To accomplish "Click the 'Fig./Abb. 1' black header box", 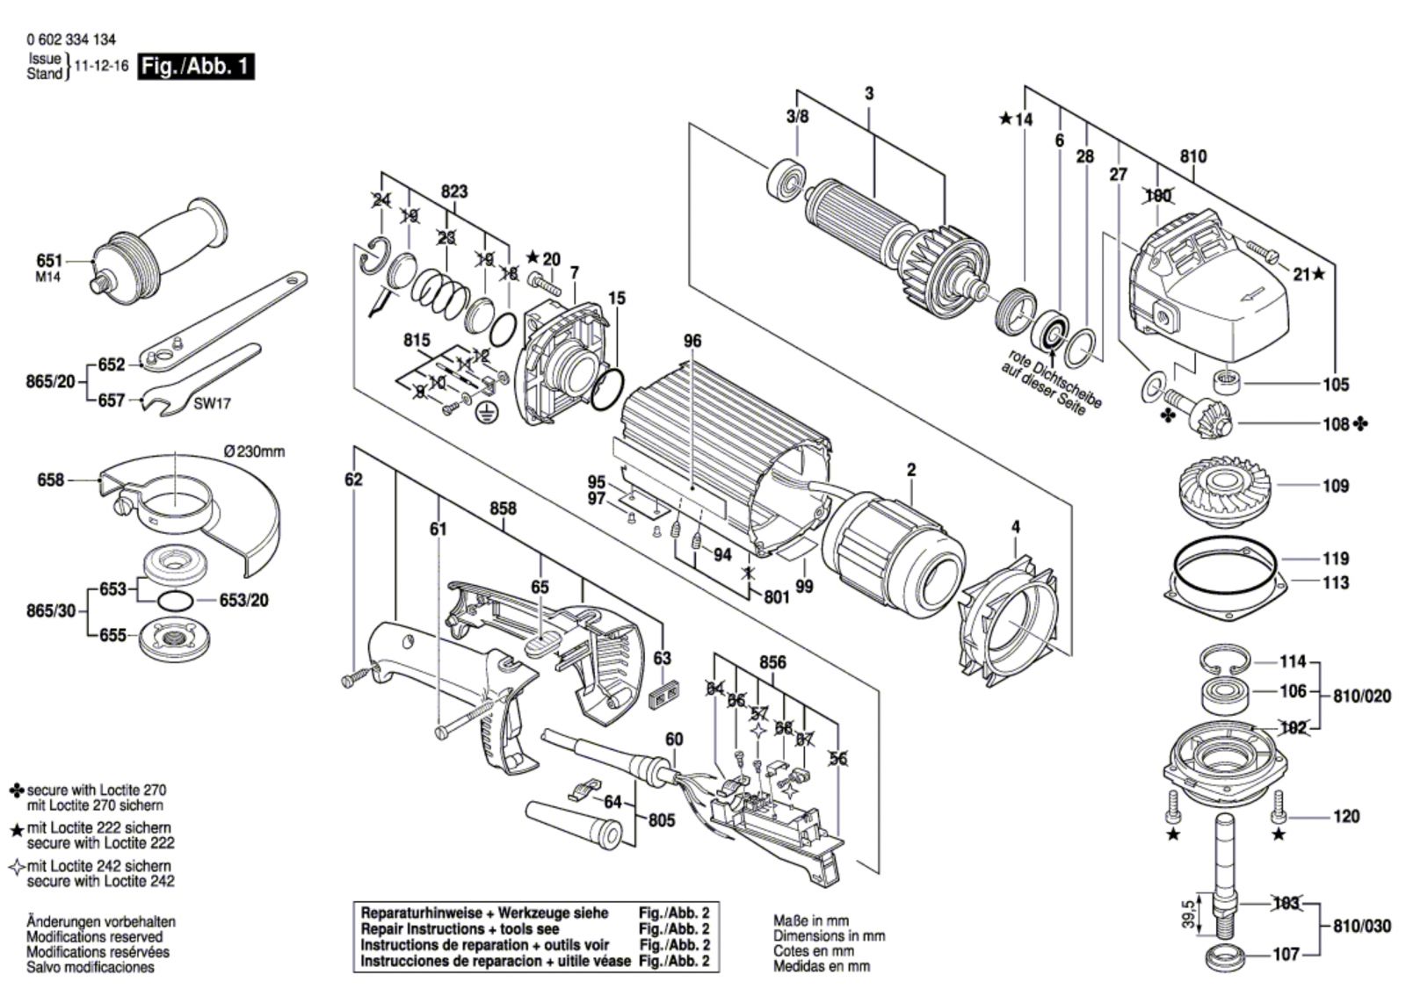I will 195,66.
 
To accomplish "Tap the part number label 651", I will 49,261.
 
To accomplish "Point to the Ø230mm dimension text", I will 254,451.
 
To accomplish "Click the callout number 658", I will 50,480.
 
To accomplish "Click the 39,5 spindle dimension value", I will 1188,914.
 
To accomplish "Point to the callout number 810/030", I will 1362,927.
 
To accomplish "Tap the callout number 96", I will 692,341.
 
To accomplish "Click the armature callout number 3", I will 869,94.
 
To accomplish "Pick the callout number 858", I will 503,509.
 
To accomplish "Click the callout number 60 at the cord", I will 673,740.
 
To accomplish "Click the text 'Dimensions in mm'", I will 829,936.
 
